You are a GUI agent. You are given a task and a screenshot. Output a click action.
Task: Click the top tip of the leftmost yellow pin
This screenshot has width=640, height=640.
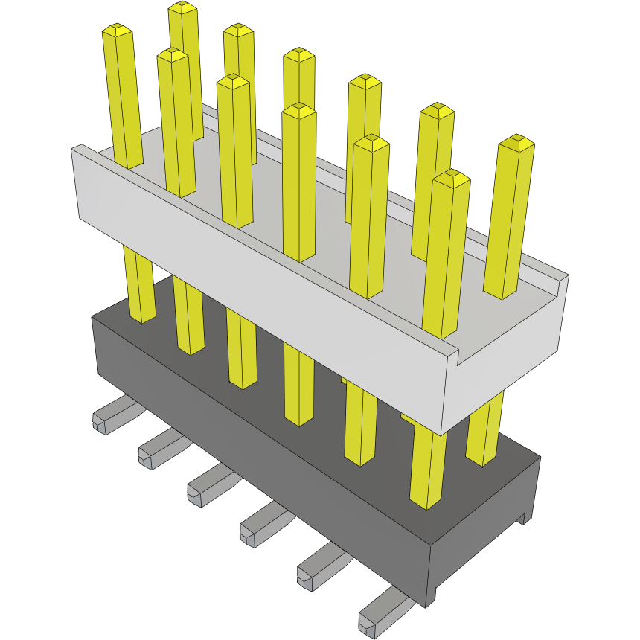click(118, 31)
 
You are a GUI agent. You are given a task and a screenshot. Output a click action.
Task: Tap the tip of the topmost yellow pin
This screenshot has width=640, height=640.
click(182, 8)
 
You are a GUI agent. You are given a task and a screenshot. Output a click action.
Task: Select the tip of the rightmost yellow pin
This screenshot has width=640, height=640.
click(516, 141)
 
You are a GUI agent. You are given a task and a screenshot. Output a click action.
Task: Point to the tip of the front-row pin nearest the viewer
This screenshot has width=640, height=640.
click(452, 177)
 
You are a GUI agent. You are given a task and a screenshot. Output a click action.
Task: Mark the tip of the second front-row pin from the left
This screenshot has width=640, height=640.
click(172, 54)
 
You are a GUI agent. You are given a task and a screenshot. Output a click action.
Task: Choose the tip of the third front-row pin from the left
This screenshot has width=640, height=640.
click(233, 80)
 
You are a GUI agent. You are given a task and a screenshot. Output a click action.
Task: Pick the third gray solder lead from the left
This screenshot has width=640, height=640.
click(205, 487)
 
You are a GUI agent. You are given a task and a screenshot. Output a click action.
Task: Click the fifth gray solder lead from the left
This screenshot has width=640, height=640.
click(316, 570)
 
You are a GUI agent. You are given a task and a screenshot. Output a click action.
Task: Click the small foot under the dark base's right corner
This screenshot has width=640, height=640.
click(527, 517)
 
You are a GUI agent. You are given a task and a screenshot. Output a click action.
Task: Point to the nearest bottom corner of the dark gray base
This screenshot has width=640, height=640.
click(430, 604)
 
